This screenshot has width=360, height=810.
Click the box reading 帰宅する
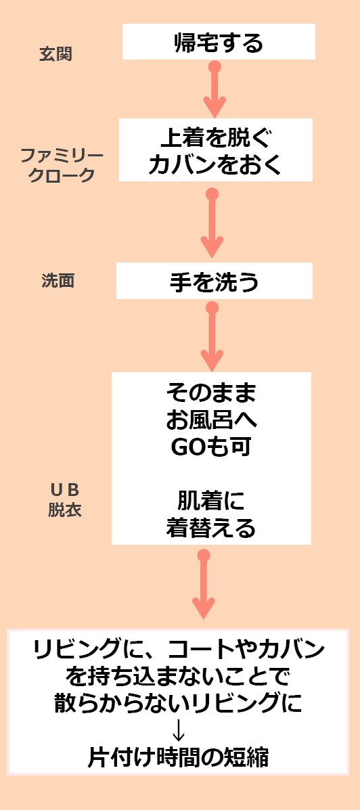click(219, 42)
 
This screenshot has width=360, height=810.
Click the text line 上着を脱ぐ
click(215, 139)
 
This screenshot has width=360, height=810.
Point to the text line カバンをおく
click(215, 165)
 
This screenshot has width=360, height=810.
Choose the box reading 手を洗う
click(214, 281)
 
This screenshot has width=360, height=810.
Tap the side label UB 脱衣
click(65, 500)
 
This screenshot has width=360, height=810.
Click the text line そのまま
click(211, 395)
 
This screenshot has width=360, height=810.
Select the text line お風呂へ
click(211, 420)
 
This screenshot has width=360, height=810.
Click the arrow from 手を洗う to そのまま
click(212, 336)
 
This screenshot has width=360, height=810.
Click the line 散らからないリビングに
click(178, 702)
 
